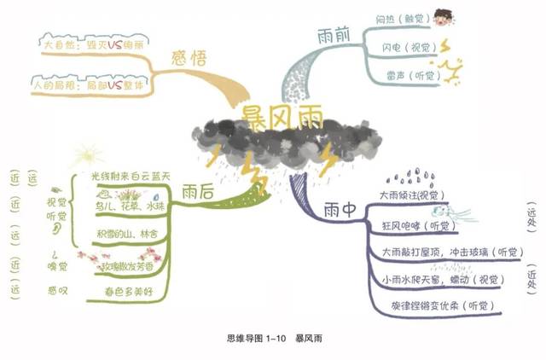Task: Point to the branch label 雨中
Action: pyautogui.click(x=340, y=209)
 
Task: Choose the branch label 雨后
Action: pyautogui.click(x=198, y=193)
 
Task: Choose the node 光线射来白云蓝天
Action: pyautogui.click(x=131, y=177)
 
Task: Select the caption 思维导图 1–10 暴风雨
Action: pyautogui.click(x=271, y=339)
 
